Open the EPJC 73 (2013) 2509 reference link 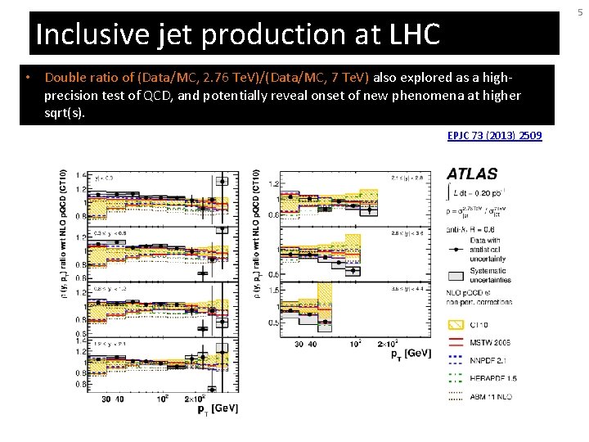click(x=494, y=135)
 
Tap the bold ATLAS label click(x=472, y=174)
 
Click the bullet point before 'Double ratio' click(x=29, y=78)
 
